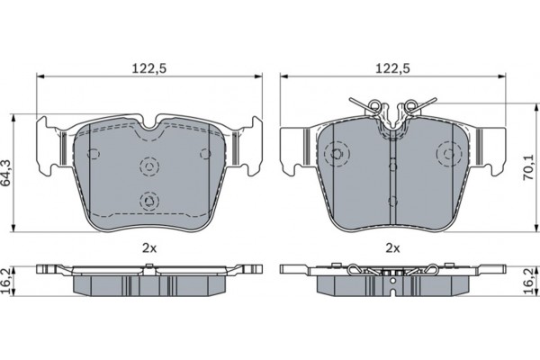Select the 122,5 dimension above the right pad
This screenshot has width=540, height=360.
pos(391,67)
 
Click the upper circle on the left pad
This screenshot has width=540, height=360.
pos(148,166)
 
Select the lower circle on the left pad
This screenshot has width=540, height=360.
pos(148,200)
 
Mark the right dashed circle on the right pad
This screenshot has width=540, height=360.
pos(447,155)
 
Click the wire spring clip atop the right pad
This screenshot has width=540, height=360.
pos(391,112)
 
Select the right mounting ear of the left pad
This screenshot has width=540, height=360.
pos(250,145)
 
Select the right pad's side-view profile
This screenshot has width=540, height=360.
pos(391,279)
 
